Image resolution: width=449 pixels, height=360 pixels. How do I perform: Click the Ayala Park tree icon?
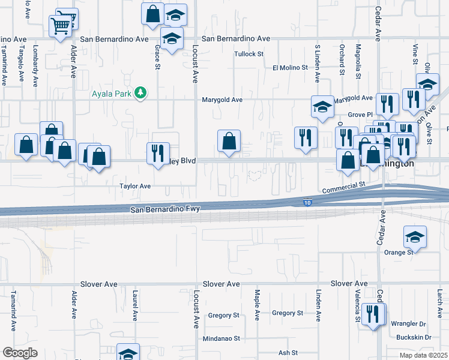(140, 92)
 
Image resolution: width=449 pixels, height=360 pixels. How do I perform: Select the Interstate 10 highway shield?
(307, 203)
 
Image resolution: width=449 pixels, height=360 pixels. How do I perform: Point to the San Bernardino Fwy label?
(164, 209)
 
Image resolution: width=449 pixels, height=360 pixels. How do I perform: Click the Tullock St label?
(249, 54)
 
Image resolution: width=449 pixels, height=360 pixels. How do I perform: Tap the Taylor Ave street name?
(135, 186)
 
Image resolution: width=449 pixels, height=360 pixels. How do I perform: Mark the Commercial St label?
(343, 188)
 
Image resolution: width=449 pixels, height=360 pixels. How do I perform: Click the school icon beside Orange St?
(414, 237)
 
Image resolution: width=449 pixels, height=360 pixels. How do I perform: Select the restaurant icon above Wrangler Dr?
(373, 314)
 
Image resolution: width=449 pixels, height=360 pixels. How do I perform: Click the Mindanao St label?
(224, 338)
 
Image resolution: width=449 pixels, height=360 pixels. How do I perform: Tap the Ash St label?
(288, 353)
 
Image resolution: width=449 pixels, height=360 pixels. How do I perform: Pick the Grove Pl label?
(361, 115)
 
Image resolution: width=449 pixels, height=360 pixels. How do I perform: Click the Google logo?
(20, 353)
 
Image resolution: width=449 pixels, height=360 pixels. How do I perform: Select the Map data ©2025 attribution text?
(423, 355)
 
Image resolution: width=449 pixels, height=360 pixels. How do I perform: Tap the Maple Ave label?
(257, 305)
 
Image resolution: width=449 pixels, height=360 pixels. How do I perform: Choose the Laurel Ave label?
(136, 305)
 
